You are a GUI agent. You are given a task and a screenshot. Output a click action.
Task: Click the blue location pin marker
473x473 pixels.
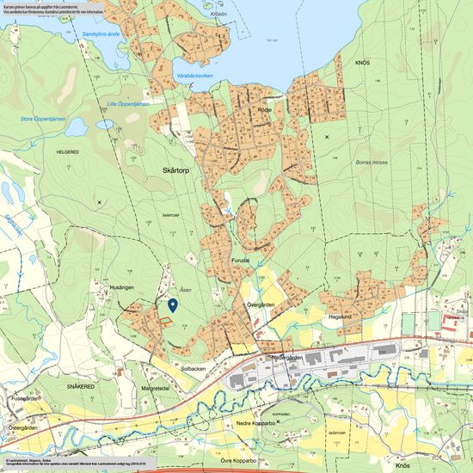(173, 304)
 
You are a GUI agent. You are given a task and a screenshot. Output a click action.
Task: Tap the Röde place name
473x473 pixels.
(265, 111)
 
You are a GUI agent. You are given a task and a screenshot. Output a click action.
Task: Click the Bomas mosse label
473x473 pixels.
(371, 161)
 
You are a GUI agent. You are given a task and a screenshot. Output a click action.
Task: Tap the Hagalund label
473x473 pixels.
(341, 316)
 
